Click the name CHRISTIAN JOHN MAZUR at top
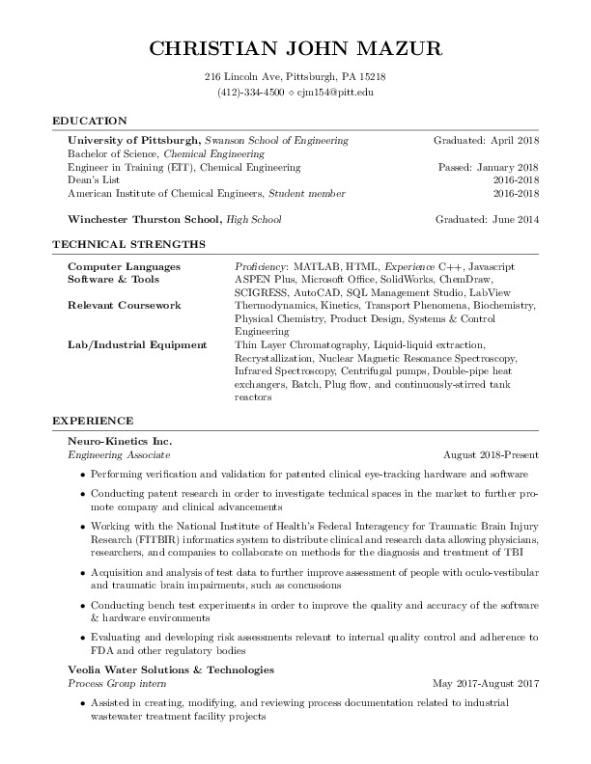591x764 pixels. (x=295, y=48)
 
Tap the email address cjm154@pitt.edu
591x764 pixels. (x=334, y=93)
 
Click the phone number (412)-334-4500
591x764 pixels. (x=250, y=93)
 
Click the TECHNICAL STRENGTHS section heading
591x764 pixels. (x=127, y=244)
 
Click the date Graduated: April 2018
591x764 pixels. (x=486, y=140)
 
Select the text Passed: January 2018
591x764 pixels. (x=489, y=167)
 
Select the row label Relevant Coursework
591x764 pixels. (x=121, y=304)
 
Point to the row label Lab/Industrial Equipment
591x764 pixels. (x=137, y=344)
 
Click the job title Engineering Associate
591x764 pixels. (x=119, y=453)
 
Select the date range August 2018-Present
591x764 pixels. (x=491, y=453)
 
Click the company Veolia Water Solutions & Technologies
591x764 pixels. (x=171, y=668)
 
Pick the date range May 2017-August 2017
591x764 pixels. (x=485, y=682)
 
